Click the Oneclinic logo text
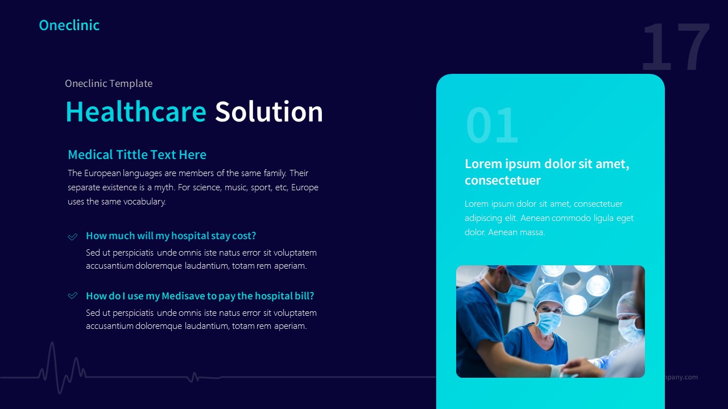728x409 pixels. coord(69,25)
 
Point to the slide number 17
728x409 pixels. coord(676,48)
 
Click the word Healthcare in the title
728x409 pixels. coord(136,111)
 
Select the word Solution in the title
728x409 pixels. coord(268,111)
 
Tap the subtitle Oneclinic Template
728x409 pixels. coord(109,84)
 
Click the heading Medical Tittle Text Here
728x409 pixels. coord(137,155)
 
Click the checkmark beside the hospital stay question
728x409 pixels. coord(73,236)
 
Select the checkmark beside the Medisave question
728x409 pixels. coord(73,296)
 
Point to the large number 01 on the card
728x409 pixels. coord(493,126)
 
